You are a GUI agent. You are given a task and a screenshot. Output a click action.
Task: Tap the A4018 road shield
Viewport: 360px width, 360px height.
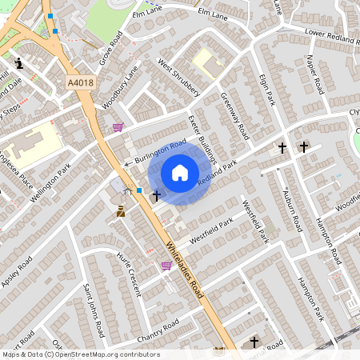tap(80, 82)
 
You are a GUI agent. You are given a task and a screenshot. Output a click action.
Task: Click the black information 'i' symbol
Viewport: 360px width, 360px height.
tap(19, 62)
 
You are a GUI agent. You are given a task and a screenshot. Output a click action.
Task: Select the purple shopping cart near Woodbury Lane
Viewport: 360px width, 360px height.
tap(118, 126)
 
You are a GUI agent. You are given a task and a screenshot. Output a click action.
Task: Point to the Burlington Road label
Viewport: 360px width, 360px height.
tap(160, 150)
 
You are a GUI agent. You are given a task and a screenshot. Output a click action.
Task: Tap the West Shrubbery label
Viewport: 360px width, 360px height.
tap(178, 77)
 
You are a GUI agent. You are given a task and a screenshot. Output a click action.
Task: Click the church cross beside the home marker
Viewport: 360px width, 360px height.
tap(156, 194)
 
